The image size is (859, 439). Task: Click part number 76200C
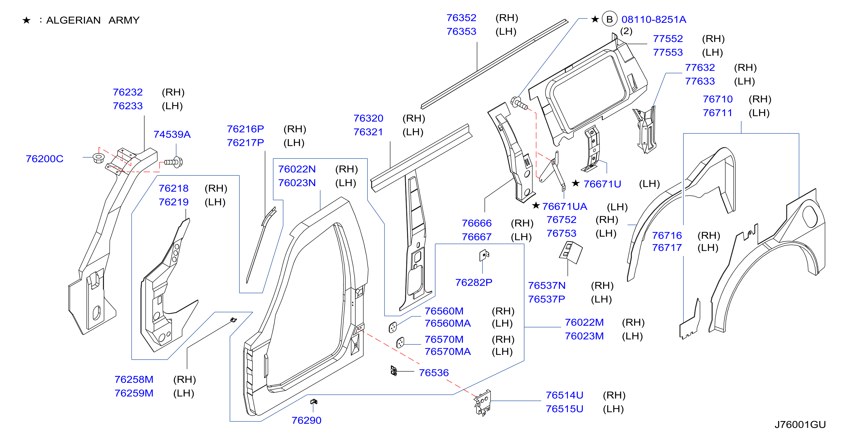click(44, 159)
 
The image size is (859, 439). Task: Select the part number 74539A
click(172, 134)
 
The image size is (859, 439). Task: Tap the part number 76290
click(306, 420)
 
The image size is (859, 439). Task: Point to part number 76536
click(434, 372)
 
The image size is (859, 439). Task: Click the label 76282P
click(474, 283)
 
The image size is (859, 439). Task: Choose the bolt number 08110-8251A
click(654, 19)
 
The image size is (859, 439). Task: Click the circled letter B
click(609, 19)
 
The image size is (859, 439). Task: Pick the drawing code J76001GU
click(800, 425)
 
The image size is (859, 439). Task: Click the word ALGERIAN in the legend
click(73, 20)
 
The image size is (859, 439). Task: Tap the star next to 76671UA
click(536, 205)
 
